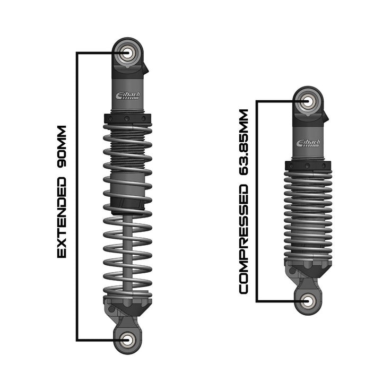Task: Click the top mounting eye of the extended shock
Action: [127, 53]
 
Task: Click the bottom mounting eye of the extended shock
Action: [127, 340]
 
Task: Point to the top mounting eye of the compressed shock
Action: [308, 101]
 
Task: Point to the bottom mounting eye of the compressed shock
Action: [308, 301]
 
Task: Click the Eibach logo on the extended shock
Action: [127, 95]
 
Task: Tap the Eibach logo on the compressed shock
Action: [308, 144]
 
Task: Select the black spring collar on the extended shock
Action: [127, 118]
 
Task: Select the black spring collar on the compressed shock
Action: [308, 165]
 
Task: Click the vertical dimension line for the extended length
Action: [77, 196]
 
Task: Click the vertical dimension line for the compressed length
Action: [257, 202]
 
